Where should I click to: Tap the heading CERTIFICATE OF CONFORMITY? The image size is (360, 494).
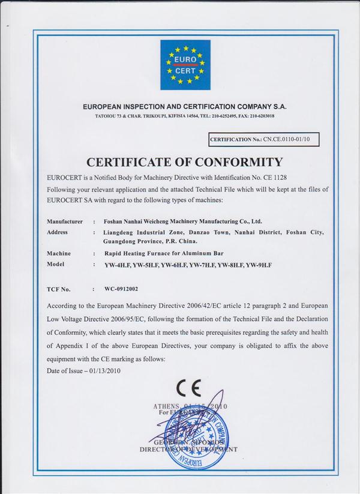click(x=184, y=161)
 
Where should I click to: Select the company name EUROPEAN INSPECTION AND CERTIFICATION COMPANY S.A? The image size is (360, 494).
click(x=185, y=106)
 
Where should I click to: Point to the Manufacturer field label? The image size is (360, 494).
click(x=65, y=221)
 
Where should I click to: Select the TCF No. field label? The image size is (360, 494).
click(x=59, y=289)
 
